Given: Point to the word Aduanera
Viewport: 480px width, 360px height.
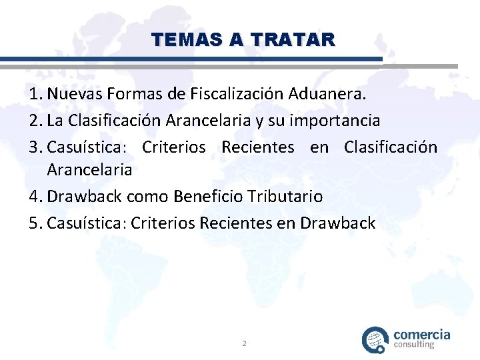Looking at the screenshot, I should [327, 95].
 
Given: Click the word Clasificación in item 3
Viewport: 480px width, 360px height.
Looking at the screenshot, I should [391, 147].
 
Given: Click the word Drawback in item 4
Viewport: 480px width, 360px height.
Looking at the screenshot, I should [89, 197].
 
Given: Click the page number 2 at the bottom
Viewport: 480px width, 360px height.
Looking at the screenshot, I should [244, 343].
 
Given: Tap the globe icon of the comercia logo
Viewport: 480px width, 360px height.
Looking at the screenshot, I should [375, 339].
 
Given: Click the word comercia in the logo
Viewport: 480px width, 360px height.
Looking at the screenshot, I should [422, 334].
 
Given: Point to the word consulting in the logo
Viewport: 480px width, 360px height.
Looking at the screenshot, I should [414, 345].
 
